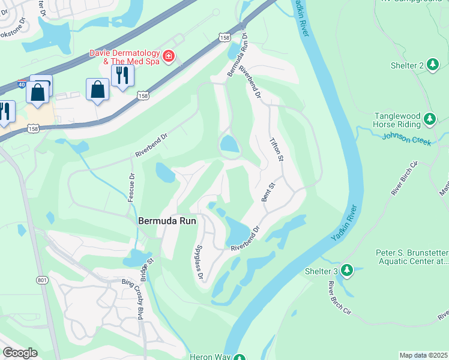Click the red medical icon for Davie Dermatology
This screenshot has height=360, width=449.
pyautogui.click(x=169, y=57)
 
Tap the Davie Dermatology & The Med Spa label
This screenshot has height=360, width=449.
pyautogui.click(x=125, y=57)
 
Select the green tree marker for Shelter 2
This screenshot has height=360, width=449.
pyautogui.click(x=434, y=65)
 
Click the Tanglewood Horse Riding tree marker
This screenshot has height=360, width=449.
pyautogui.click(x=429, y=119)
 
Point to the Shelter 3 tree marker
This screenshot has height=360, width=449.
pyautogui.click(x=346, y=271)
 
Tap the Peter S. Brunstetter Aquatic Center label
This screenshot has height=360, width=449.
pyautogui.click(x=412, y=257)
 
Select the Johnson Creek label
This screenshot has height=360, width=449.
pyautogui.click(x=406, y=141)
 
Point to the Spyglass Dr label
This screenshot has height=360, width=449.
pyautogui.click(x=199, y=263)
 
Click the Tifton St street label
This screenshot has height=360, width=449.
pyautogui.click(x=276, y=150)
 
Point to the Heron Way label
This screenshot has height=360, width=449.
pyautogui.click(x=210, y=357)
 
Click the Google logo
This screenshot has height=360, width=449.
pyautogui.click(x=20, y=353)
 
